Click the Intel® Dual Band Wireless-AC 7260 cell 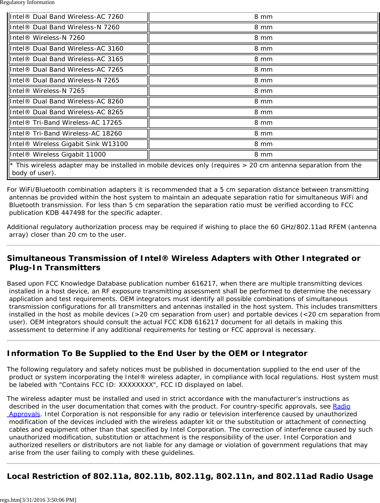[66, 17]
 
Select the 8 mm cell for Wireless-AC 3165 [263, 59]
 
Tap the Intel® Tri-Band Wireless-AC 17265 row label [66, 123]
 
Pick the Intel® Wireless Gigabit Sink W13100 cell [69, 144]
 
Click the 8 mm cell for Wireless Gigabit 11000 [263, 154]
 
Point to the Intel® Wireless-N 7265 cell [47, 91]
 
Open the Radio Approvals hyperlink [341, 407]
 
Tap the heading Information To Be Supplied [157, 354]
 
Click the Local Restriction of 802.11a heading [190, 476]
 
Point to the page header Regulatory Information [27, 2]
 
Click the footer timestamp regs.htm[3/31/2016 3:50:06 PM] [38, 500]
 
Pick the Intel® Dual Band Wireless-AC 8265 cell [66, 112]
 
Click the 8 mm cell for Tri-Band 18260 [263, 133]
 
